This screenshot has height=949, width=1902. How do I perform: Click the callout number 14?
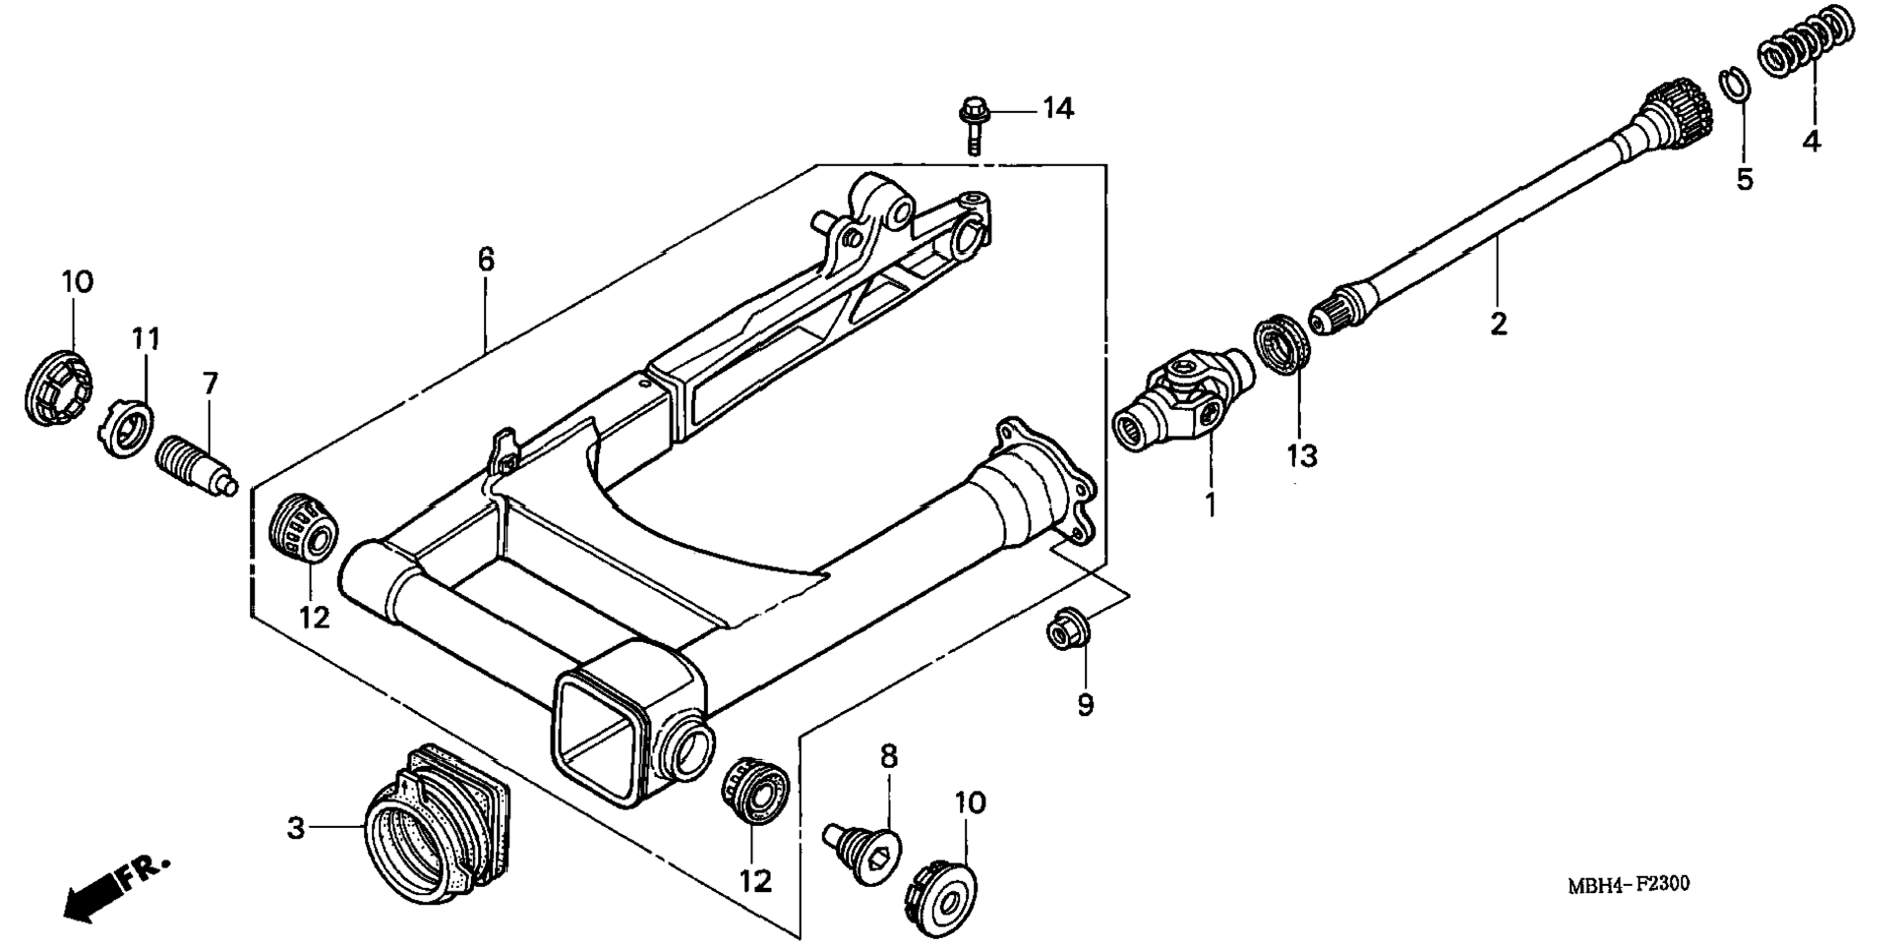point(1058,108)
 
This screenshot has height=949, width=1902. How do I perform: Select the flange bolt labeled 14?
point(974,124)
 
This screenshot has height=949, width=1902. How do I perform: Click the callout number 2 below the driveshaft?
point(1498,323)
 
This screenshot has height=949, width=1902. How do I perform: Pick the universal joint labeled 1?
point(1184,403)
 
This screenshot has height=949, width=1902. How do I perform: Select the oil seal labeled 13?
point(1285,345)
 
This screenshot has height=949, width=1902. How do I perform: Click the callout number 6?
point(486,260)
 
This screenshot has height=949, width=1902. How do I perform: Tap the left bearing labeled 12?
point(304,530)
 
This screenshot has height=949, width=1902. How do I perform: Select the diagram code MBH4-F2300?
point(1628,884)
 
